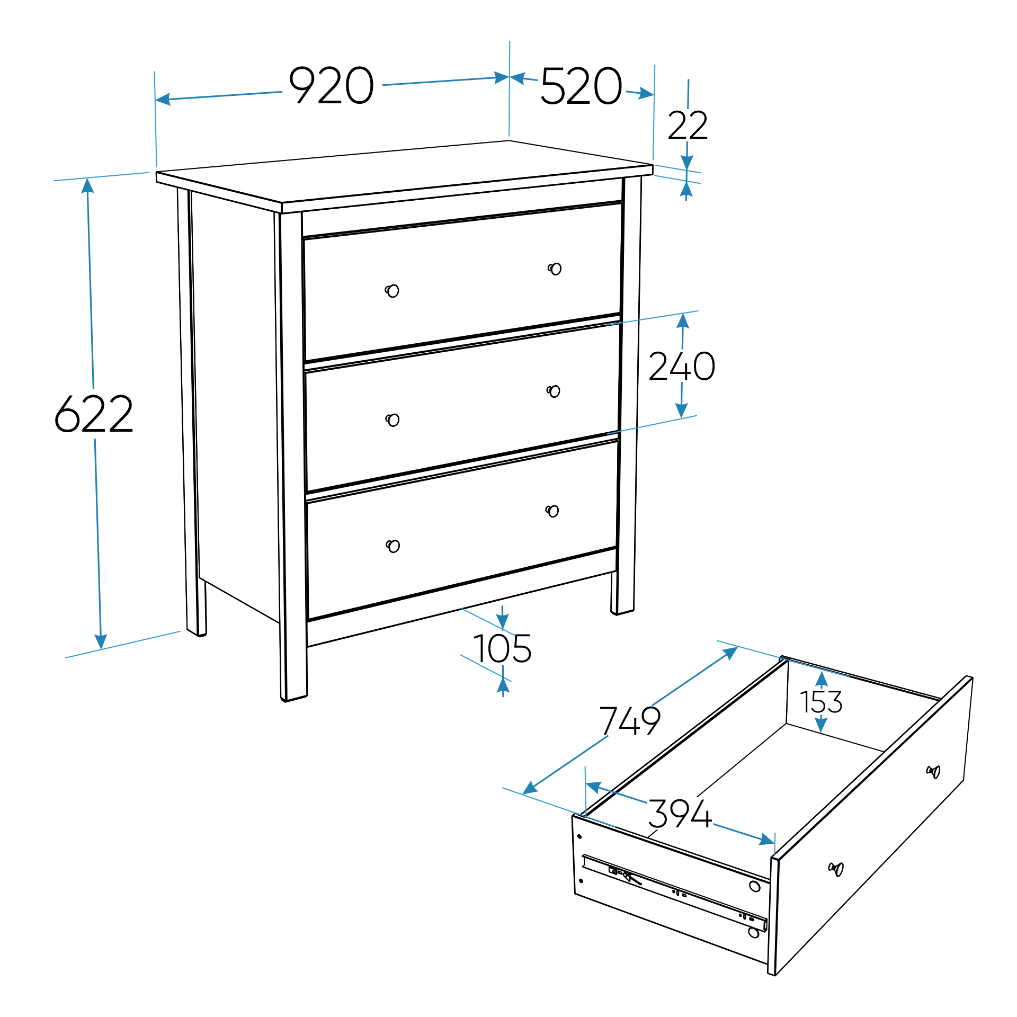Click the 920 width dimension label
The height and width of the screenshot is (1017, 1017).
[x=332, y=85]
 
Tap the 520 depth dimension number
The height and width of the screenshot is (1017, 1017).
[x=581, y=86]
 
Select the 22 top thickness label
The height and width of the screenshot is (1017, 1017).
[x=688, y=126]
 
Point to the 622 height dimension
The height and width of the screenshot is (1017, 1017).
[x=94, y=414]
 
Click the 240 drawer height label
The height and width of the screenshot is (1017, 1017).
[x=682, y=366]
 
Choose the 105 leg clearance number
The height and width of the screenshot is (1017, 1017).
[x=502, y=648]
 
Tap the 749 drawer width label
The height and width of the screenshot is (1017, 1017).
[x=630, y=720]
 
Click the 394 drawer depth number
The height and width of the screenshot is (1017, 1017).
[x=680, y=814]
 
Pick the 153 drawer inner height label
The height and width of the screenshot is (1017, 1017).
[x=821, y=702]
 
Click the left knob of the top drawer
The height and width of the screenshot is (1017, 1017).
[x=392, y=291]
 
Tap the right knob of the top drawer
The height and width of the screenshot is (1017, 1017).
[x=555, y=269]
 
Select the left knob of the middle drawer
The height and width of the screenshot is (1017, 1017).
[x=392, y=420]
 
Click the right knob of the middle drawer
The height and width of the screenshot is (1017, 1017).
[x=554, y=391]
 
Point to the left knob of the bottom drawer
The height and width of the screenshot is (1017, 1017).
[x=393, y=546]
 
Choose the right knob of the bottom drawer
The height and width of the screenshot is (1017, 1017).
[x=552, y=511]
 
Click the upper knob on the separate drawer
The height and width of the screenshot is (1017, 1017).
[x=933, y=772]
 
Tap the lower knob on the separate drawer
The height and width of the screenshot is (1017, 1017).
[x=836, y=869]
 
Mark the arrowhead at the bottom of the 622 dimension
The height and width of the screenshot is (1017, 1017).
[x=101, y=641]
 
